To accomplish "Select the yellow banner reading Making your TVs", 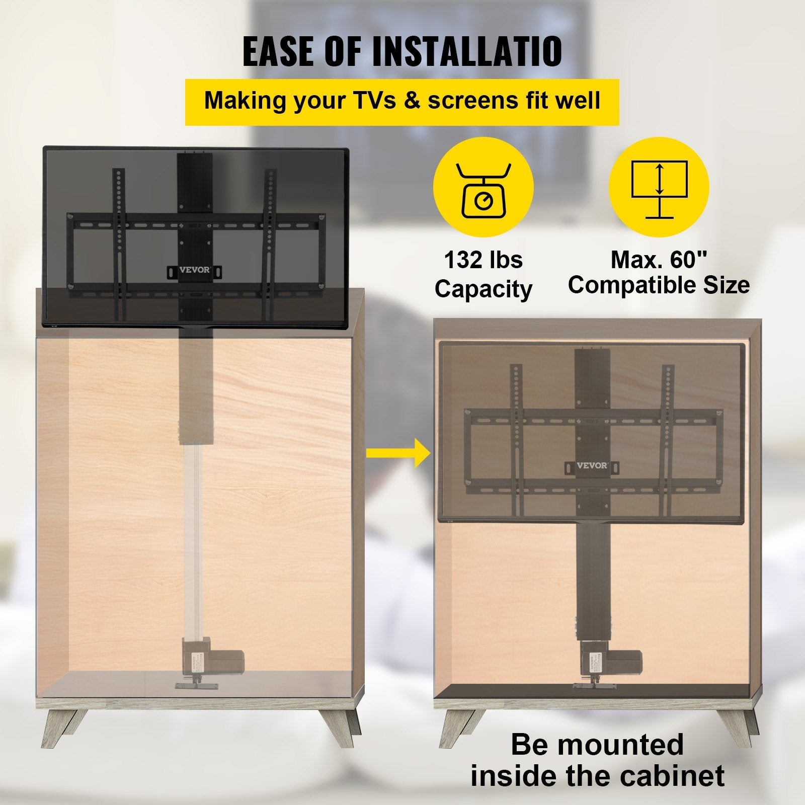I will (x=402, y=101).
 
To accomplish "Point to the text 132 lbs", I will (x=483, y=261).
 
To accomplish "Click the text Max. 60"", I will (x=659, y=260).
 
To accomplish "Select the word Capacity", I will (x=483, y=289).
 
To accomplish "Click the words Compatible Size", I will (x=659, y=285).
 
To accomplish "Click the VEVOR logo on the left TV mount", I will (x=195, y=270).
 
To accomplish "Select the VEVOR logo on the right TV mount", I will (x=592, y=465).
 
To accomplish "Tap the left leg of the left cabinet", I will (x=58, y=725).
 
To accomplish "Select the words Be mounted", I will (x=597, y=745).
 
